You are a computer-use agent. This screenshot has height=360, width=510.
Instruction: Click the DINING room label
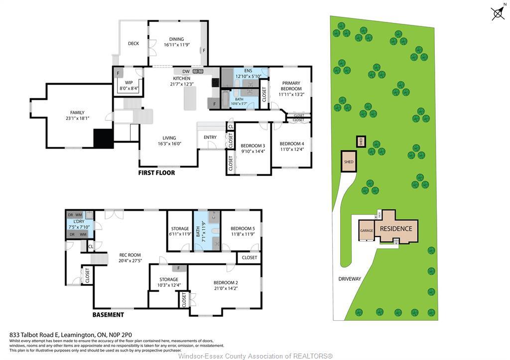coord(176,39)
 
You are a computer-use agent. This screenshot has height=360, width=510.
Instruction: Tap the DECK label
coord(133,44)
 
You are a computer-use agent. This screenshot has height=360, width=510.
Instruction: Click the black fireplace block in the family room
coord(104,138)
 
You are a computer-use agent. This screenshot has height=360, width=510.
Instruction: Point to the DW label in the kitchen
coord(185,72)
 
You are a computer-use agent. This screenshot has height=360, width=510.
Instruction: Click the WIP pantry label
coord(128,83)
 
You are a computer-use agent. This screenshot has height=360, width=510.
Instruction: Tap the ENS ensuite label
coord(248,71)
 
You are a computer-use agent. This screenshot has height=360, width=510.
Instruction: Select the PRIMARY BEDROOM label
coord(291,86)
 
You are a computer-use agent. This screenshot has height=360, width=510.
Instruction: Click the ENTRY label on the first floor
coord(210,137)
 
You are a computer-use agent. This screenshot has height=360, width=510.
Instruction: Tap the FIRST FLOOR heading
coord(156,173)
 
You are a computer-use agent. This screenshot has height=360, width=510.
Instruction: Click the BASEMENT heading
coord(108,315)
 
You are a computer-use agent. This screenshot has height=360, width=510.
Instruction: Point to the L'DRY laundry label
coord(78,222)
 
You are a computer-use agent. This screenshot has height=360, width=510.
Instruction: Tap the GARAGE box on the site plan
coord(367,231)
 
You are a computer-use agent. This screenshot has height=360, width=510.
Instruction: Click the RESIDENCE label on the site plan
coord(396,229)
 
